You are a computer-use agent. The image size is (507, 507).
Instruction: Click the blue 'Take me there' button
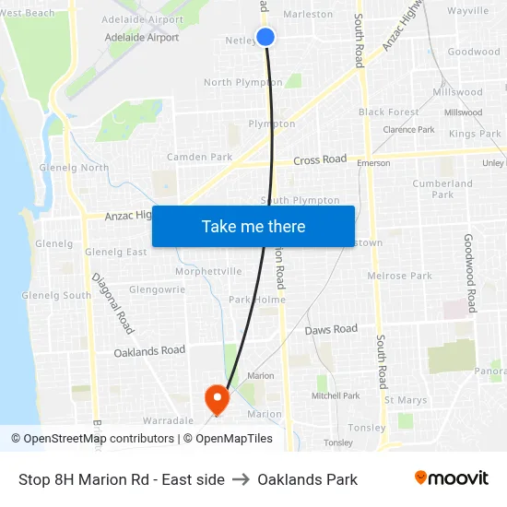(x=253, y=227)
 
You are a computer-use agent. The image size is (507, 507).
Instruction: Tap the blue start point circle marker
(x=265, y=37)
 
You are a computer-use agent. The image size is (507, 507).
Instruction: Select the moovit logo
(x=451, y=478)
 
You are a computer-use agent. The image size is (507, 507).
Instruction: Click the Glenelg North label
(x=74, y=168)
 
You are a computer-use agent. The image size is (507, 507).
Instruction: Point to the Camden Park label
(x=199, y=157)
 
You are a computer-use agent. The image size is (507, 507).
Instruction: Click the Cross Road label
(x=320, y=160)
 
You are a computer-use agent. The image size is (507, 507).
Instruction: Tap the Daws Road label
(x=331, y=330)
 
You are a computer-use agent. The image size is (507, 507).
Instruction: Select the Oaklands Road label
(x=149, y=351)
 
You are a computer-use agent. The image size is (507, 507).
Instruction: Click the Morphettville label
(x=208, y=271)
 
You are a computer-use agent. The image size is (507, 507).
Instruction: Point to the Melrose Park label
(x=399, y=276)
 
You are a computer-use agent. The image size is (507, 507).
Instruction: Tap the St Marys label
(x=406, y=400)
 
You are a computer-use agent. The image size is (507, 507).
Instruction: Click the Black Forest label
(x=389, y=112)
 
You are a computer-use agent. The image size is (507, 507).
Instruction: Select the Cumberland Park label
(x=442, y=189)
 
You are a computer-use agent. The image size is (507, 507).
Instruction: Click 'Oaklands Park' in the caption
(x=307, y=479)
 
